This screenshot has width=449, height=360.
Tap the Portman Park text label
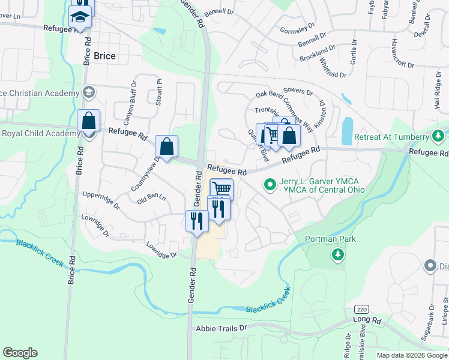[x=330, y=239]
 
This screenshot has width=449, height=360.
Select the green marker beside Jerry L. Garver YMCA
[x=270, y=184]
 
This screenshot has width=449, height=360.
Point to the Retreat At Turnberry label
[x=393, y=137]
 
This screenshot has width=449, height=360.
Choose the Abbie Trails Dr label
[x=221, y=328]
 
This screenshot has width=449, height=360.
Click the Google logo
[x=20, y=353]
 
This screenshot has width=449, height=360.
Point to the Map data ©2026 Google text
[x=411, y=355]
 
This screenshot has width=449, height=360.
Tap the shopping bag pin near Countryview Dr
[x=166, y=146]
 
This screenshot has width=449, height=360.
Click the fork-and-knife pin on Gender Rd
[x=197, y=221]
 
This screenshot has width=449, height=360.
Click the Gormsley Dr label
[x=298, y=28]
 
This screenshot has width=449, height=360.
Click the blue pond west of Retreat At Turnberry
[x=347, y=130]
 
